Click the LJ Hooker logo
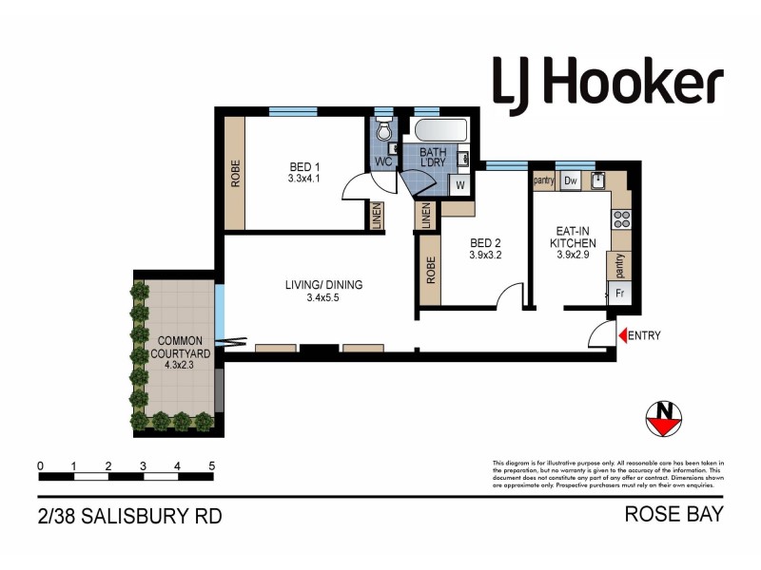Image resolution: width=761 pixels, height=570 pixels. click(x=607, y=82)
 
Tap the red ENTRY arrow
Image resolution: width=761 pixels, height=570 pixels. click(x=624, y=335)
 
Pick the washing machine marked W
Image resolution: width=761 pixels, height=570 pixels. click(x=459, y=184)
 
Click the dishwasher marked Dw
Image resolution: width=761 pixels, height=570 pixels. click(x=571, y=180)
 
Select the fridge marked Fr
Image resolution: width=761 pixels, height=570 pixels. click(x=619, y=294)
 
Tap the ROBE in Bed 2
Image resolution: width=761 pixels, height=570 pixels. click(x=431, y=272)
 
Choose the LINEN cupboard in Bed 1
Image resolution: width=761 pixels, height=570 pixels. click(x=378, y=216)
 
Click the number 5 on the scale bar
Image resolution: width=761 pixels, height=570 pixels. click(x=211, y=466)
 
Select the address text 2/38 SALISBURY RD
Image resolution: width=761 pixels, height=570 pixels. click(x=129, y=517)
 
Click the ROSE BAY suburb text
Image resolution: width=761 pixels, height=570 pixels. click(x=673, y=515)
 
